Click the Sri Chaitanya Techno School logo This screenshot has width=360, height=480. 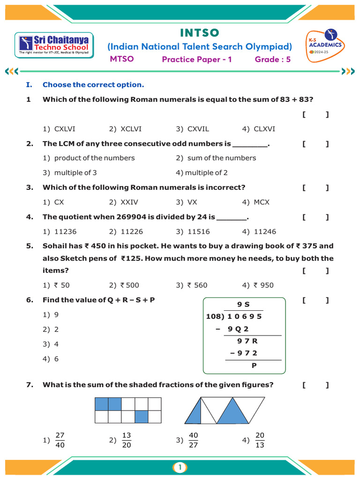tap(54, 45)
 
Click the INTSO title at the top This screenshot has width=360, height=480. tap(200, 33)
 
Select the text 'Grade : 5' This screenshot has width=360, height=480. tap(273, 59)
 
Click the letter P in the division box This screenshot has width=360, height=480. tap(254, 366)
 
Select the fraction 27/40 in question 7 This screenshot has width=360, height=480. tap(60, 440)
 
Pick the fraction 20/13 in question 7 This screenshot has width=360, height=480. tap(260, 440)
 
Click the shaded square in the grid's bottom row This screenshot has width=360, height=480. tap(142, 417)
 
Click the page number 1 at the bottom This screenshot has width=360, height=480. tap(180, 467)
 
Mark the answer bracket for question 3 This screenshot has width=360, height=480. tap(315, 188)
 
